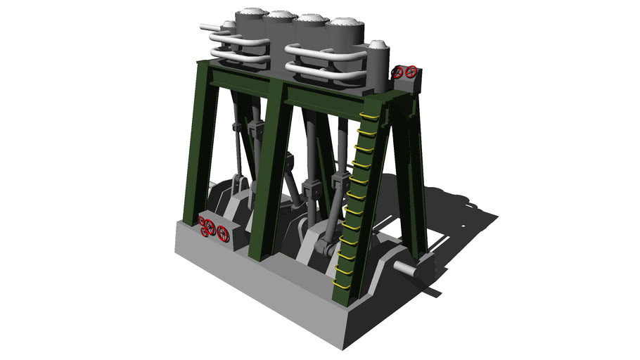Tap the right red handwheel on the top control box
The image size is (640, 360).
(x=411, y=71)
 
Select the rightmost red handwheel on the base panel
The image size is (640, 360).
(x=223, y=233)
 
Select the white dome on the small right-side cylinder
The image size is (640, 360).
(x=379, y=45)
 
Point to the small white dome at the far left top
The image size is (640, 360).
(x=229, y=25)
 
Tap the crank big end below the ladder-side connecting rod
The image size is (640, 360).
(x=323, y=247)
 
